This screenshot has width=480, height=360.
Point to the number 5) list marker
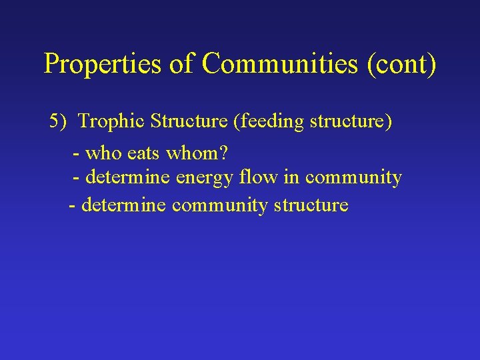point(59,121)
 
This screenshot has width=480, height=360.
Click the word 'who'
point(103,154)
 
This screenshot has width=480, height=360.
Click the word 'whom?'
point(197,154)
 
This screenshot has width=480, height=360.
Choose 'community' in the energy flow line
point(353,178)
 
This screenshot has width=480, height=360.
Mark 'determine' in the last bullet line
point(123,205)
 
